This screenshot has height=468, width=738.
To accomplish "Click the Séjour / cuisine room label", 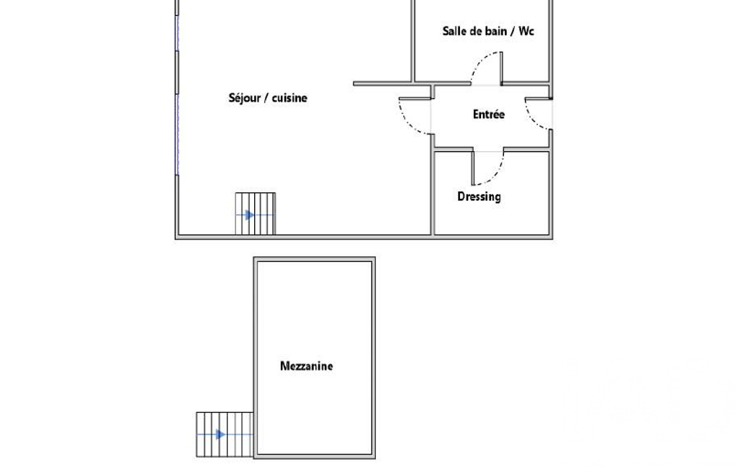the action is pyautogui.click(x=268, y=98).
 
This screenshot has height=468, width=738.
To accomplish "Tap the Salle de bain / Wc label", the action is pyautogui.click(x=488, y=31).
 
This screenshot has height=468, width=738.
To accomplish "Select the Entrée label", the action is pyautogui.click(x=489, y=114).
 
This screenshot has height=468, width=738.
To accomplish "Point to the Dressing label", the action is pyautogui.click(x=479, y=197).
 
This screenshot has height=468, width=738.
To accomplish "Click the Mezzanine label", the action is pyautogui.click(x=307, y=366).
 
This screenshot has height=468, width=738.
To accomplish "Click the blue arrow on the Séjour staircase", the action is pyautogui.click(x=249, y=215).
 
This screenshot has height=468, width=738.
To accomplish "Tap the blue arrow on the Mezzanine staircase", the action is pyautogui.click(x=219, y=434).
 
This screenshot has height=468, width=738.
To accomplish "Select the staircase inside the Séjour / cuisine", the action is pyautogui.click(x=255, y=213).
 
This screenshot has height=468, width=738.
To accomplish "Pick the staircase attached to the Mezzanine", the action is pyautogui.click(x=225, y=435).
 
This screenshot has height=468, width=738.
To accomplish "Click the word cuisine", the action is pyautogui.click(x=290, y=98).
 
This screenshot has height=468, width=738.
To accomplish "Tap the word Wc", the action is pyautogui.click(x=526, y=31).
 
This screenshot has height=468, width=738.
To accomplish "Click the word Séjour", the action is pyautogui.click(x=244, y=98).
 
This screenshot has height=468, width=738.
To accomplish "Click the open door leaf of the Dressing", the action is pyautogui.click(x=472, y=168).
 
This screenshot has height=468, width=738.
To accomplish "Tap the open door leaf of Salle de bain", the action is pyautogui.click(x=501, y=68).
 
